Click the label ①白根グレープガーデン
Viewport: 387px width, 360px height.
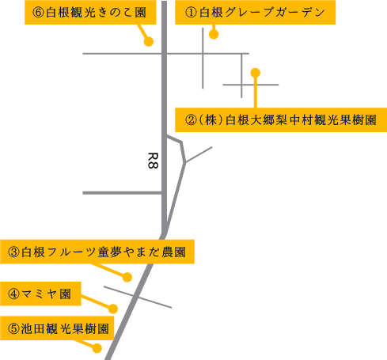[255, 12]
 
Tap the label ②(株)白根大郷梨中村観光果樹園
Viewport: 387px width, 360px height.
[281, 119]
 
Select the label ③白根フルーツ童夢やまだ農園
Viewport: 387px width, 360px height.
[97, 252]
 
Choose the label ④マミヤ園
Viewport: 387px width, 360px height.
[40, 294]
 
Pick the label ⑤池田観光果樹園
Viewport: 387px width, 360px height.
[57, 328]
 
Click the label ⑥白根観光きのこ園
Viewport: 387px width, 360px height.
[90, 12]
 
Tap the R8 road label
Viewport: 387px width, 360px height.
[153, 161]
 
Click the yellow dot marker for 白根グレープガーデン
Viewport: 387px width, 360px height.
[214, 34]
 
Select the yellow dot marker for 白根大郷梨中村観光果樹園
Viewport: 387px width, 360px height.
[256, 73]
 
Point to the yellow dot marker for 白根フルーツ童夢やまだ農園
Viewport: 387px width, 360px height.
[127, 277]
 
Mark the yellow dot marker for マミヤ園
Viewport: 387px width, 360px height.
[113, 309]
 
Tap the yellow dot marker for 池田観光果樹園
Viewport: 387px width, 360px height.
[97, 348]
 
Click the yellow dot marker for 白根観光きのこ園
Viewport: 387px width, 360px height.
[149, 41]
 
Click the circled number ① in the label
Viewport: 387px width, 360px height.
[191, 13]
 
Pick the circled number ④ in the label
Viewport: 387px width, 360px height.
[13, 294]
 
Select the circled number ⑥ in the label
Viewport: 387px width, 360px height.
[38, 13]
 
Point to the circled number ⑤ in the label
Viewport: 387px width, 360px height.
[13, 328]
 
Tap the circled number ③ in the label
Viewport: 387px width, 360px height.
[13, 252]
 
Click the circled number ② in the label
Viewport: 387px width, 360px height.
[191, 120]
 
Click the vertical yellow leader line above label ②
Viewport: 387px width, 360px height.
[256, 93]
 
